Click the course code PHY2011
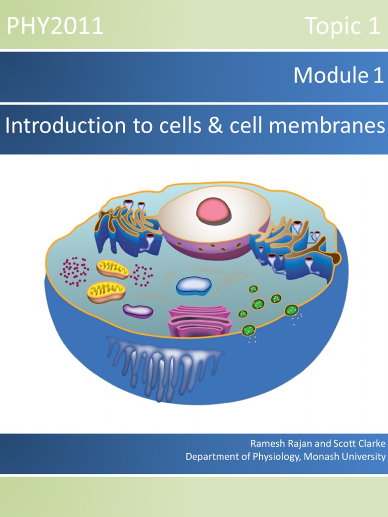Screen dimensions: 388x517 click(55, 26)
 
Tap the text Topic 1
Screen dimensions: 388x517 click(342, 26)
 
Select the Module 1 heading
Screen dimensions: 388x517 click(338, 75)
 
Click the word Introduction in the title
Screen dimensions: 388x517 click(65, 126)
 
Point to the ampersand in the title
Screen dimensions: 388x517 click(215, 126)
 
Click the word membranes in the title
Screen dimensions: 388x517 click(327, 126)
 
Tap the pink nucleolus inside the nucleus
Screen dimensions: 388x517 click(214, 211)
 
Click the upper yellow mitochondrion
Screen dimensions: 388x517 click(113, 269)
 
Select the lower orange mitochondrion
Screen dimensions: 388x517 click(106, 291)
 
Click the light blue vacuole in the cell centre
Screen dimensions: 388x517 click(193, 286)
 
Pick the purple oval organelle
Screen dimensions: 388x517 click(138, 311)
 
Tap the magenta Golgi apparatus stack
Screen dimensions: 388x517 click(199, 322)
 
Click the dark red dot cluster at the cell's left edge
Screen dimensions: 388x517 click(75, 272)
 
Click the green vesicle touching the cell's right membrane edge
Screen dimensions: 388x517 click(292, 310)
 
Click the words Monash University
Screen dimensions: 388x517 click(345, 456)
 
